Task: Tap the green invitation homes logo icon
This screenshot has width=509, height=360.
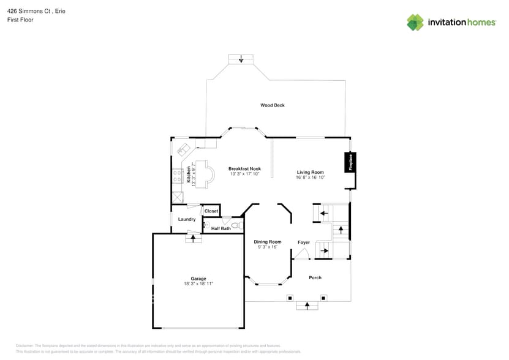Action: [x=415, y=23]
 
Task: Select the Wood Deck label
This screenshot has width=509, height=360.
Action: [x=272, y=105]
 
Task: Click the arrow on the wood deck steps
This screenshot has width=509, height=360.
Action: [x=241, y=59]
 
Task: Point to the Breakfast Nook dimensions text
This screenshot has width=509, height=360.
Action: [x=244, y=174]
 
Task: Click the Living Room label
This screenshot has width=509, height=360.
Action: [x=310, y=172]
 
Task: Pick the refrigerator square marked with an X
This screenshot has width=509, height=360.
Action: [x=178, y=197]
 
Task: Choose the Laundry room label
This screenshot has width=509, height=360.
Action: [x=187, y=219]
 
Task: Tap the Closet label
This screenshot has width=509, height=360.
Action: [x=211, y=211]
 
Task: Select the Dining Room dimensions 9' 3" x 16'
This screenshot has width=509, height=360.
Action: [x=268, y=247]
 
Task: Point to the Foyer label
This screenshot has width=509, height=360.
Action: [x=303, y=242]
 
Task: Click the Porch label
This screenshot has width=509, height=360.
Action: [x=315, y=278]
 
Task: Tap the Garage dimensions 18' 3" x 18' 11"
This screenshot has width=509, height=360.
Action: [x=198, y=284]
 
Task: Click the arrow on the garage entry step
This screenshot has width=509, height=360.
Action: [x=194, y=238]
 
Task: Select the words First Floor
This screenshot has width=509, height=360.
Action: [x=20, y=20]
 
